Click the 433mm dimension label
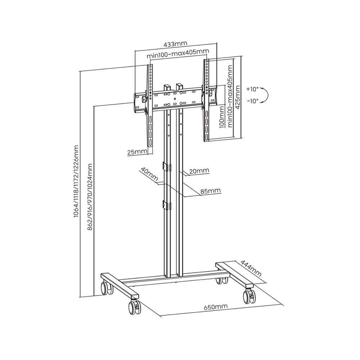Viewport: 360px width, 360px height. click(175, 44)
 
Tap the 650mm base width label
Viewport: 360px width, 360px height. click(216, 307)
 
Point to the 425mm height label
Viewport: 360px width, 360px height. click(238, 97)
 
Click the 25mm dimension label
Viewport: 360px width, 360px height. click(137, 152)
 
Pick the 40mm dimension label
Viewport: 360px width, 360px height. click(149, 174)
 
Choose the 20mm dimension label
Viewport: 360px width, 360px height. click(199, 171)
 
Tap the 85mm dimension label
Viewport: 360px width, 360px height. click(211, 191)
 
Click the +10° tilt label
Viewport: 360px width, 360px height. click(253, 89)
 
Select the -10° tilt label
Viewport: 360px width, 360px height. click(253, 101)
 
